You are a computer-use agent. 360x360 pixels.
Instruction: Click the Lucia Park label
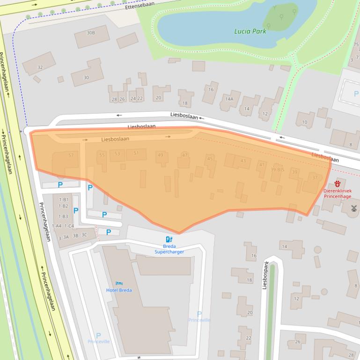point(250,31)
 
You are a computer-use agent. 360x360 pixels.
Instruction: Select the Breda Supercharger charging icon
point(169,240)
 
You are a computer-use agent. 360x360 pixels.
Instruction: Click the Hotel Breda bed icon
point(119,283)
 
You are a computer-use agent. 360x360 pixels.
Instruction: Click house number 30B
point(91,33)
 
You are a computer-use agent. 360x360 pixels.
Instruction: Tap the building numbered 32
point(40,67)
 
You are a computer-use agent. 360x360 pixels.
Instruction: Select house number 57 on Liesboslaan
point(71,155)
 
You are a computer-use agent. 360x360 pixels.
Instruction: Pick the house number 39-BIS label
point(277,170)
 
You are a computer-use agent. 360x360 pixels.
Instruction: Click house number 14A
point(229,99)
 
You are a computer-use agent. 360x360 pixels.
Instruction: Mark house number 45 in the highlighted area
point(210,159)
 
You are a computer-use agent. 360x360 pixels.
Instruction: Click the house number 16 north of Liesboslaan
point(211,90)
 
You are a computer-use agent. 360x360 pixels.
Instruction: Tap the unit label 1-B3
point(63,216)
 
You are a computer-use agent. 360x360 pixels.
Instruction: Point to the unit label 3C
point(84,235)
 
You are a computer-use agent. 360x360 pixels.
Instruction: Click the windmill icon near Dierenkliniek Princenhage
point(354,208)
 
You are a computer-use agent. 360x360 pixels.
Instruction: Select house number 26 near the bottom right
point(297,342)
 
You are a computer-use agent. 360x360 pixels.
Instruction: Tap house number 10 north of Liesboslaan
point(304,122)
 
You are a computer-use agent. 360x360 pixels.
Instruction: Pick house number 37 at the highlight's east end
point(315,178)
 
